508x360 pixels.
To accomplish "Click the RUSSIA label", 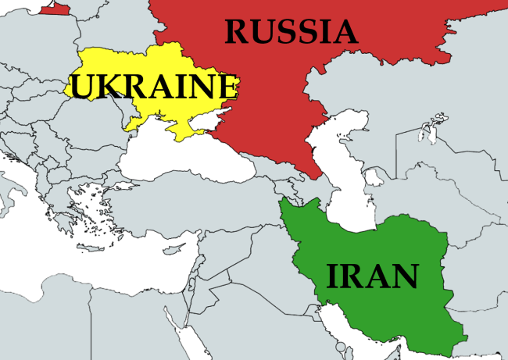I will point(291,31).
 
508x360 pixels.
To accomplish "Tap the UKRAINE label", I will point(153,86).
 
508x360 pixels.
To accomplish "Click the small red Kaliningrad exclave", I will point(55,8).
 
